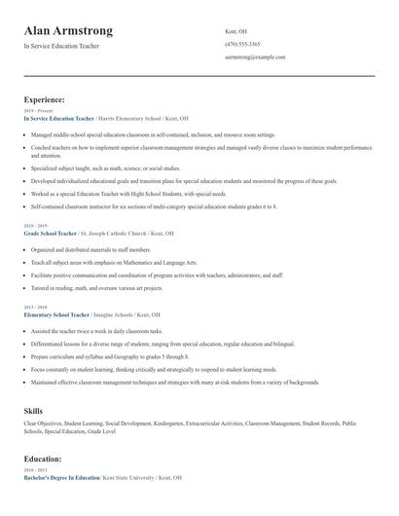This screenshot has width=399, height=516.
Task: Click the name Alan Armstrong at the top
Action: pos(68,30)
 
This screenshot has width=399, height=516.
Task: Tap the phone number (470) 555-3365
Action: pos(242,44)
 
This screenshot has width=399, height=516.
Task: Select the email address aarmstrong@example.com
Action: pos(255,57)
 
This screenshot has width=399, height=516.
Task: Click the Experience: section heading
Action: pos(45,99)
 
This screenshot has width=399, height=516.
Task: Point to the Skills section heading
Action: pos(33,411)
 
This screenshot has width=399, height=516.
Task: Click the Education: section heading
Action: pos(43,458)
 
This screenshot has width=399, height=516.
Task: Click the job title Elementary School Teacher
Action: pos(56,315)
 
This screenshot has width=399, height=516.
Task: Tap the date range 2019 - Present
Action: pos(37,111)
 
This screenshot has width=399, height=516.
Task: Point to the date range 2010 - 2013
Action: pos(34,470)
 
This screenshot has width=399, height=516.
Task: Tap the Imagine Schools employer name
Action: pos(114,315)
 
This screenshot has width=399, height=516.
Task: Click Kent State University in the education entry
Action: pos(128,477)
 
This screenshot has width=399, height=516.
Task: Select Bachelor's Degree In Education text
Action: pos(61,477)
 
